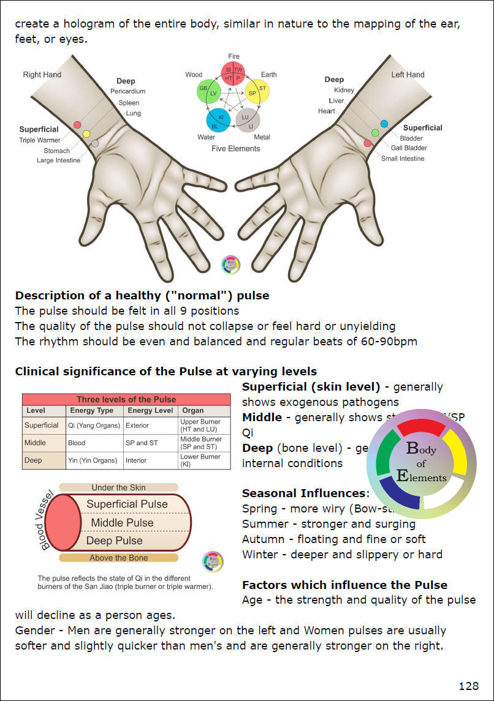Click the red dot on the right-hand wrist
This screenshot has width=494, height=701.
point(77,125)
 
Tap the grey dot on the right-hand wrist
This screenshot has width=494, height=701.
point(94,143)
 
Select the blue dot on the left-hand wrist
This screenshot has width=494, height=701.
point(384,124)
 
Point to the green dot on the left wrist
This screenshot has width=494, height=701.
point(375,133)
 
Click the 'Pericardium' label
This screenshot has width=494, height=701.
point(127,92)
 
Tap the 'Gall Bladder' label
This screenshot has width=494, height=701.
point(409,148)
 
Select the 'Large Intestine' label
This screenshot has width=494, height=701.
point(58,160)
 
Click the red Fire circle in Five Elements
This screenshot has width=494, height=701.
point(233,74)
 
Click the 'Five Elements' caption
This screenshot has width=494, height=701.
point(235,149)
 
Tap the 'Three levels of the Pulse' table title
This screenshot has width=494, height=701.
point(126,400)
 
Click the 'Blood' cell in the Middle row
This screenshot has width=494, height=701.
point(77,443)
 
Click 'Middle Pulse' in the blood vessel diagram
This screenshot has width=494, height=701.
point(123,523)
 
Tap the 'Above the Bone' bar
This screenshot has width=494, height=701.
point(119,558)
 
